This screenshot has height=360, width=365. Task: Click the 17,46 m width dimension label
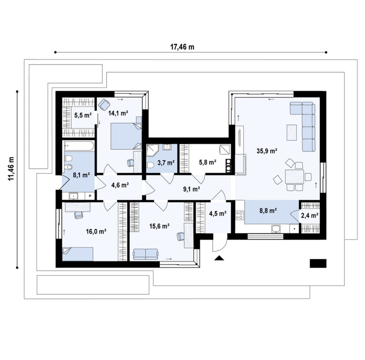point(182,47)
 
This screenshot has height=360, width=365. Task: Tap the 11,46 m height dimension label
point(11,168)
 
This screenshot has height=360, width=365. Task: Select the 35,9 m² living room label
point(267,151)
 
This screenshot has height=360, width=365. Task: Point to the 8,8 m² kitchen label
point(268,211)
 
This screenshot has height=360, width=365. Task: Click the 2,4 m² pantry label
point(310,216)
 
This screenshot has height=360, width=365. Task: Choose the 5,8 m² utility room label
point(208,162)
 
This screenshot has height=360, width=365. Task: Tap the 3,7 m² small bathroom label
point(166,163)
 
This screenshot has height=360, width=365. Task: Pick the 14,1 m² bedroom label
point(119,113)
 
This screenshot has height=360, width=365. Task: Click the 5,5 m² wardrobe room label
point(83,115)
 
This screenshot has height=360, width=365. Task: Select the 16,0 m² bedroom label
point(96,232)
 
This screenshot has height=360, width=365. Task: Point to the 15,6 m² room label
point(159,226)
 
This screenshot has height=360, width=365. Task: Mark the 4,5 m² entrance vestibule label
point(218,214)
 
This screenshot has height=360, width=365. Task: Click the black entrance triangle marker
point(219,258)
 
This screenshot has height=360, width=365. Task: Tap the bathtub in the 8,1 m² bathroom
point(79,146)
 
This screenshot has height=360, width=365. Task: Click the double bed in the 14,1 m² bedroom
point(126,136)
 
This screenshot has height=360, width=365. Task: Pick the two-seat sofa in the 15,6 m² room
point(146,254)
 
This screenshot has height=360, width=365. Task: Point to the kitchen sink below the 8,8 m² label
point(276,229)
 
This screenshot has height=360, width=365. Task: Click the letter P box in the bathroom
point(90,196)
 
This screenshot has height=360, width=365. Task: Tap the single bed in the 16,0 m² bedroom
point(78,254)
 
